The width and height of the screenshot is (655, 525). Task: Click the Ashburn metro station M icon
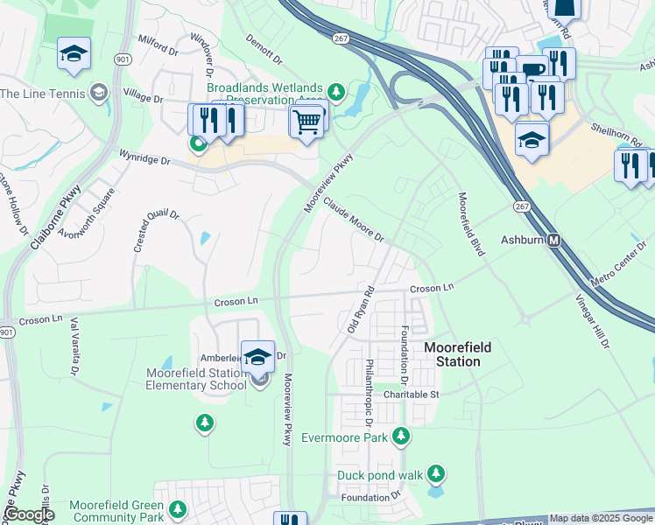(553, 241)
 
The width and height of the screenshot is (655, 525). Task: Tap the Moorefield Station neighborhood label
(457, 354)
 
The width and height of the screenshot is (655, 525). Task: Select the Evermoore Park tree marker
(401, 436)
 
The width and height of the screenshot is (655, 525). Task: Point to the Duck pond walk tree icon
(435, 475)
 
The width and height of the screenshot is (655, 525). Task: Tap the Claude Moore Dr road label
(354, 219)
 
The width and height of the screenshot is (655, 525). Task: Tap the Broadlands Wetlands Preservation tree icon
(335, 91)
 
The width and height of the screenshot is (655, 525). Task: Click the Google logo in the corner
(29, 514)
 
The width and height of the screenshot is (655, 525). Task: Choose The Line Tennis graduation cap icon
(99, 93)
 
